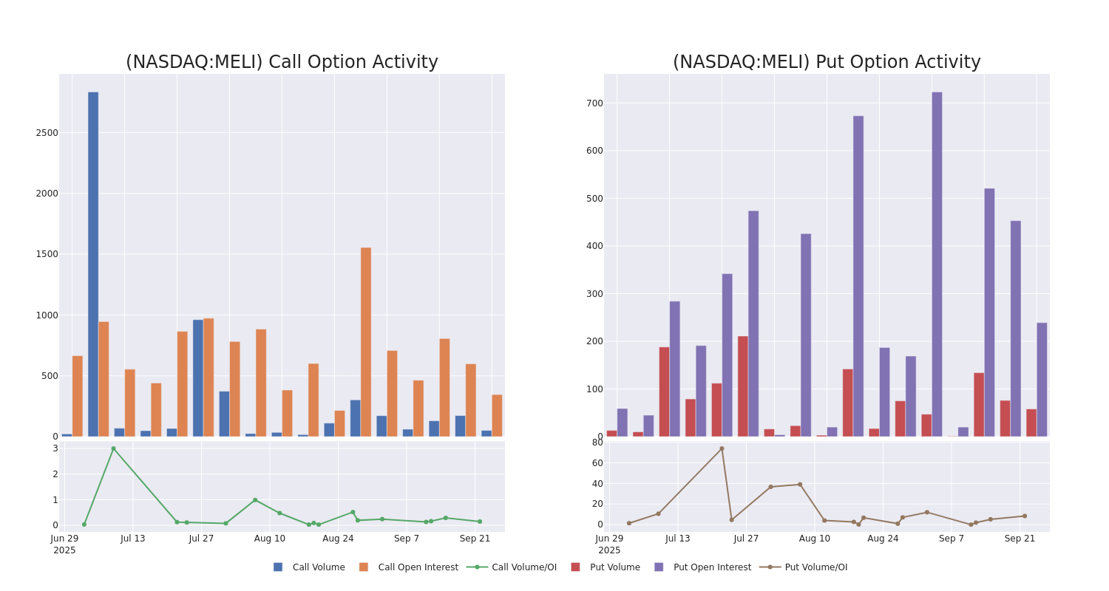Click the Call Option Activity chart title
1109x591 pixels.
282,63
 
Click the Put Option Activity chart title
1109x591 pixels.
827,63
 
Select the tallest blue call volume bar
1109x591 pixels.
93,264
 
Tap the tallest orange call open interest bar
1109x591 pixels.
366,341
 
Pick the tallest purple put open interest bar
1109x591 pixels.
937,264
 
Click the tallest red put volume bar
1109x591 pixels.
743,386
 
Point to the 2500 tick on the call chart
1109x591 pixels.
47,133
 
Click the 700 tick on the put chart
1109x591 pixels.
594,103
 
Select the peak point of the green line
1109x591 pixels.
113,448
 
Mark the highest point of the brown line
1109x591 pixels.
722,448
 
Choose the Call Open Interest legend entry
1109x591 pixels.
418,567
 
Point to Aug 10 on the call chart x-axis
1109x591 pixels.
269,539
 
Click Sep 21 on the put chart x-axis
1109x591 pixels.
1020,539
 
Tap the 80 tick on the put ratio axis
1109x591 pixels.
597,443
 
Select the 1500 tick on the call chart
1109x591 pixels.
47,254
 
